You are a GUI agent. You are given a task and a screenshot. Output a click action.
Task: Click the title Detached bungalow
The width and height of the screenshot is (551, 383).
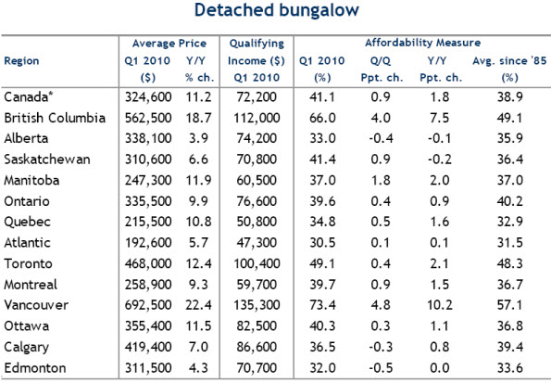(277, 10)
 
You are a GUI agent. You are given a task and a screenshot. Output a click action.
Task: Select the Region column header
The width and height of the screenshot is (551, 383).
(21, 61)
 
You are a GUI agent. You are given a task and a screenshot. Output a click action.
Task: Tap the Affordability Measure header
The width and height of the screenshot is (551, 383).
(422, 43)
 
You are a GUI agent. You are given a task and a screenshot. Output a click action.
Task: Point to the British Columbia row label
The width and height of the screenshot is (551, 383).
(55, 118)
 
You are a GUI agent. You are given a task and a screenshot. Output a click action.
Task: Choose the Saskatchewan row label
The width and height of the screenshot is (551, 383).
(47, 160)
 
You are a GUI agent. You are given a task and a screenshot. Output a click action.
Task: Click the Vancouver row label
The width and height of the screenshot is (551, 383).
(36, 305)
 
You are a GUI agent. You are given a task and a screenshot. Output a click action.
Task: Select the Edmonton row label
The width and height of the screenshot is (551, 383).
(35, 368)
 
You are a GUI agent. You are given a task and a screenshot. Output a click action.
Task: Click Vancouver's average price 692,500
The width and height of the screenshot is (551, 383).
(148, 305)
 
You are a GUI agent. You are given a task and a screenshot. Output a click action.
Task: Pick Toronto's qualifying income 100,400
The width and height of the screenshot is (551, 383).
(257, 263)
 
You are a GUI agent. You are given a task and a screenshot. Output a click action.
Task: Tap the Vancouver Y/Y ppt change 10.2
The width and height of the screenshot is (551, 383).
(440, 305)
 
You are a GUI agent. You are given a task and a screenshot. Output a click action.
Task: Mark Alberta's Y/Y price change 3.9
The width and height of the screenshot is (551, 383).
(198, 138)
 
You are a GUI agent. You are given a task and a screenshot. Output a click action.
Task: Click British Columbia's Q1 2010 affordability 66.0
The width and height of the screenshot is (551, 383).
(322, 118)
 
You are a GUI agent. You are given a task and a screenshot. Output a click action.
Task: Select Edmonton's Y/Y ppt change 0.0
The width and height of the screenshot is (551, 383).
(440, 368)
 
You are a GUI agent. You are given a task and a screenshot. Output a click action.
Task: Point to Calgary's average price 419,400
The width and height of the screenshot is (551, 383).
(148, 347)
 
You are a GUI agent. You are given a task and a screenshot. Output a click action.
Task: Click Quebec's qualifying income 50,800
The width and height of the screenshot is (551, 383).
(257, 222)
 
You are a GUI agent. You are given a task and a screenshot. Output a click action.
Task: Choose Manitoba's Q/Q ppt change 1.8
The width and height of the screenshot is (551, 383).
(381, 180)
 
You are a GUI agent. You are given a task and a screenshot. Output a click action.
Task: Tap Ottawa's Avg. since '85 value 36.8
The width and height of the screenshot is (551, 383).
(510, 326)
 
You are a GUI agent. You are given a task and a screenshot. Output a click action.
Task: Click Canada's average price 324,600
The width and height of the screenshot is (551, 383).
(148, 96)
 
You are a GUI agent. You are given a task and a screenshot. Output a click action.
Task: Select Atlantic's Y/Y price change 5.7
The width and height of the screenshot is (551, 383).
(198, 243)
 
